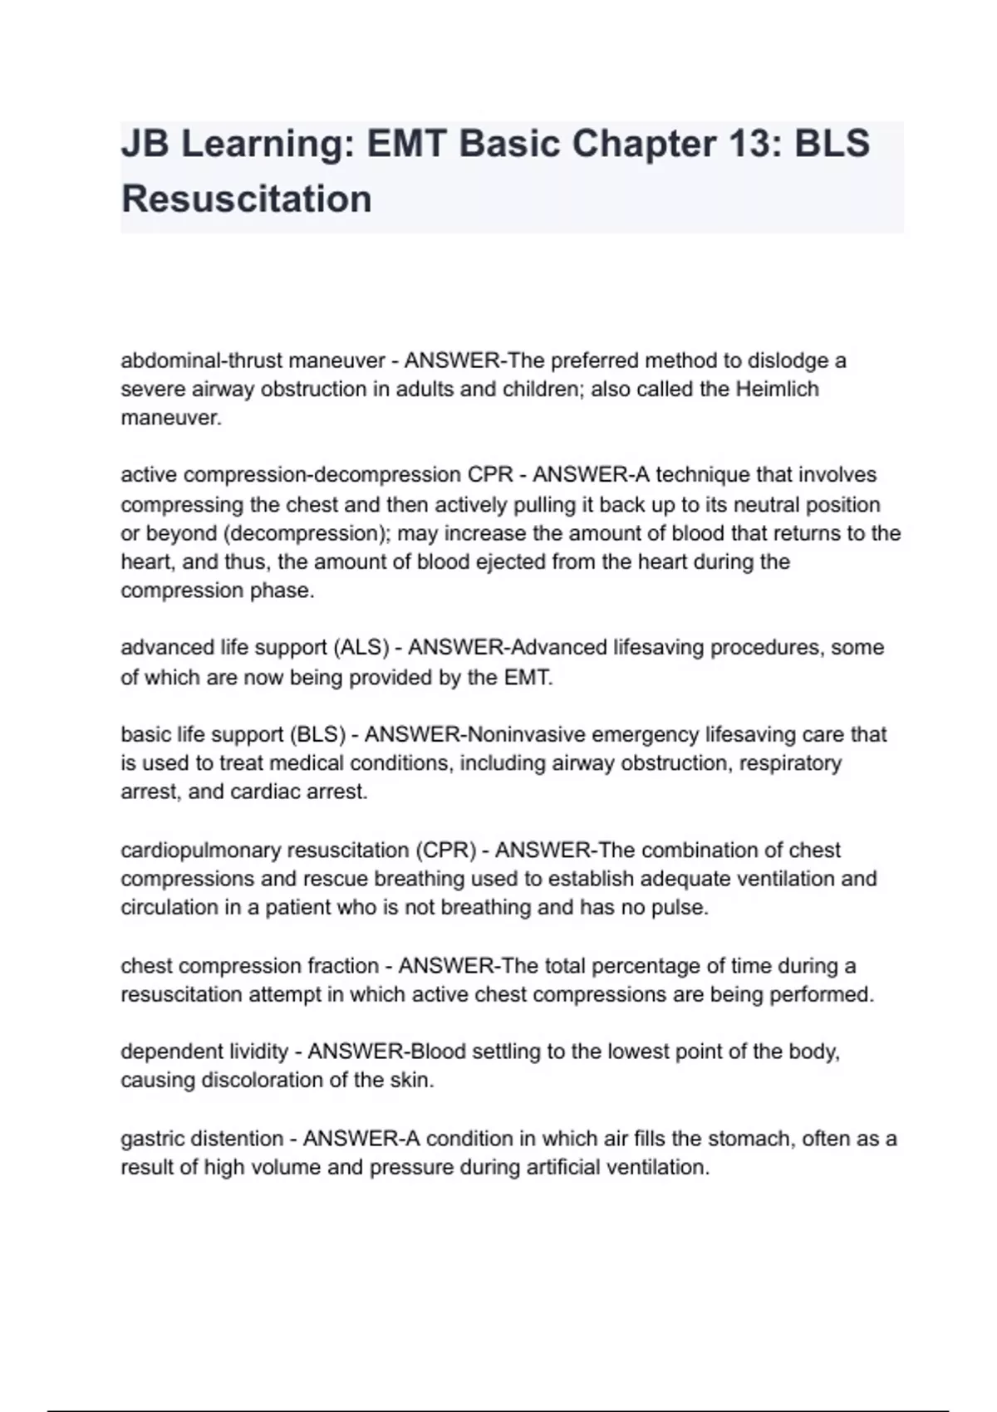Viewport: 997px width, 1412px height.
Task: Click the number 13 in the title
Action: [755, 144]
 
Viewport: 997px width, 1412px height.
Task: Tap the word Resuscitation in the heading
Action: [247, 199]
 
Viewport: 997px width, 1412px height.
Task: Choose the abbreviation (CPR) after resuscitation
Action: [446, 851]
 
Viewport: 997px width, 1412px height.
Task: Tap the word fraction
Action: [342, 966]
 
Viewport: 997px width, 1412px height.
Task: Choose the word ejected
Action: [509, 562]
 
